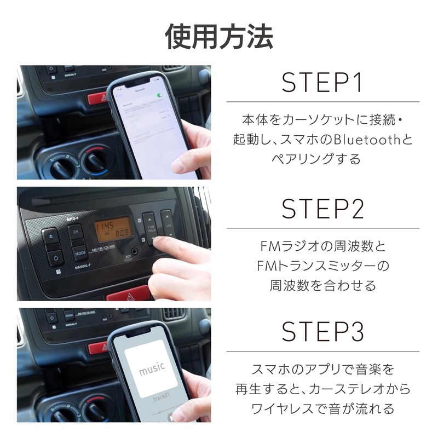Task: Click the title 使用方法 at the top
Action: (219, 37)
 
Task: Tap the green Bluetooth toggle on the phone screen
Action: (159, 95)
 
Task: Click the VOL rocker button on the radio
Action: (167, 224)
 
